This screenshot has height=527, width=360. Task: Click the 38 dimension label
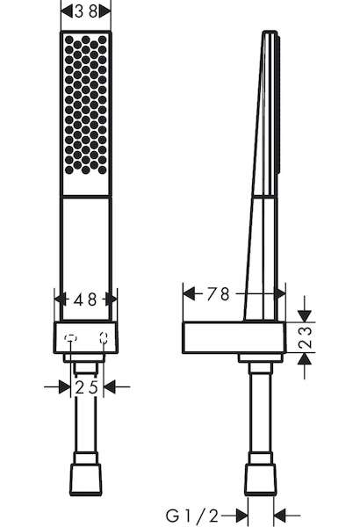tap(86, 11)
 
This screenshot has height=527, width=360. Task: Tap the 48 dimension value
tap(85, 300)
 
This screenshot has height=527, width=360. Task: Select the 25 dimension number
tap(86, 387)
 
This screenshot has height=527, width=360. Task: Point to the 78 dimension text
tap(218, 294)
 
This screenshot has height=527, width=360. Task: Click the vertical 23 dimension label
tap(306, 337)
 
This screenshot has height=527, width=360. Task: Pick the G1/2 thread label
tap(192, 516)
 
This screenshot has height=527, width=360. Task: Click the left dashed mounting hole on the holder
tap(70, 338)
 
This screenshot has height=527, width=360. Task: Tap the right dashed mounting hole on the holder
tap(104, 338)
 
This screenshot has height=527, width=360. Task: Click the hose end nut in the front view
tap(86, 480)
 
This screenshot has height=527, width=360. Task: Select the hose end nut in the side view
tap(261, 480)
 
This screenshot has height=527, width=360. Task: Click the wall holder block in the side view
tap(234, 338)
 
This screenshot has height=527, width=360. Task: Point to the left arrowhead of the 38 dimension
tap(67, 11)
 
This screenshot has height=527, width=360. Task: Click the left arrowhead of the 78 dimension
tap(190, 293)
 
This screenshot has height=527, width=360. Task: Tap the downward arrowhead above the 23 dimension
tap(305, 316)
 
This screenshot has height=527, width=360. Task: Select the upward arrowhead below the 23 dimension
tap(305, 359)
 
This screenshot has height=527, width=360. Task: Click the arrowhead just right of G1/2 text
tap(242, 516)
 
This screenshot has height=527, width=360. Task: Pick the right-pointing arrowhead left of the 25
tap(65, 387)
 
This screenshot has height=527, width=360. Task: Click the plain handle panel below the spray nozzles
tap(86, 258)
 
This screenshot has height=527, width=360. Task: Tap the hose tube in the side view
tap(261, 413)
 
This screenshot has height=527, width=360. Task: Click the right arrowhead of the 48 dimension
tap(112, 300)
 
